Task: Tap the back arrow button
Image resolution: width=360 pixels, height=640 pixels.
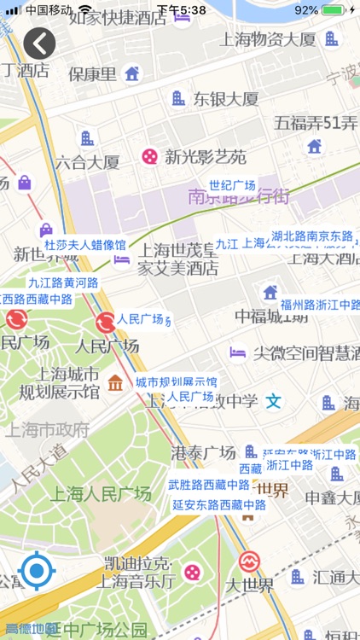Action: pos(39,43)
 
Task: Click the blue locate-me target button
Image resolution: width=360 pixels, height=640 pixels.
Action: pos(37,571)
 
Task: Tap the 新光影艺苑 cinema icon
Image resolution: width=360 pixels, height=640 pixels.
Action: pos(149,156)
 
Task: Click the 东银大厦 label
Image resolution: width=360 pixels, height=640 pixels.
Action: pos(225,98)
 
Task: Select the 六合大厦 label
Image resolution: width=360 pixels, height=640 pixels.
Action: pos(87,161)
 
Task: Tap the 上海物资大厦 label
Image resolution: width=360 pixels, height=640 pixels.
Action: pos(267,38)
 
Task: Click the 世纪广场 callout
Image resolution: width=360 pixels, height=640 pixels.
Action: pos(232,186)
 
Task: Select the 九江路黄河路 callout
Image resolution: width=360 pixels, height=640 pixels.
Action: pos(63,282)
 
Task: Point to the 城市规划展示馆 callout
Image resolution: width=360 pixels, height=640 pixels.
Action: pos(176,381)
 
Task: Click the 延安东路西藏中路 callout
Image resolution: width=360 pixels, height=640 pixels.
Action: pos(219,504)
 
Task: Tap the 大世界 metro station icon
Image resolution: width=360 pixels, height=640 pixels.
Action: pos(249,561)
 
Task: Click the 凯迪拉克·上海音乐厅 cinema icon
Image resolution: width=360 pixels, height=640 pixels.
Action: pos(194,572)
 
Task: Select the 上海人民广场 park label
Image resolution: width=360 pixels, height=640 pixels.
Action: pos(101,493)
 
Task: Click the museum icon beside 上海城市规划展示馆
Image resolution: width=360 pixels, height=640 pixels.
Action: pos(115,382)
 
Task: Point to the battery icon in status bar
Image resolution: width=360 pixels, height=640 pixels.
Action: pos(334,10)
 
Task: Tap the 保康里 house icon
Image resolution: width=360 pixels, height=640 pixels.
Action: pos(131,73)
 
